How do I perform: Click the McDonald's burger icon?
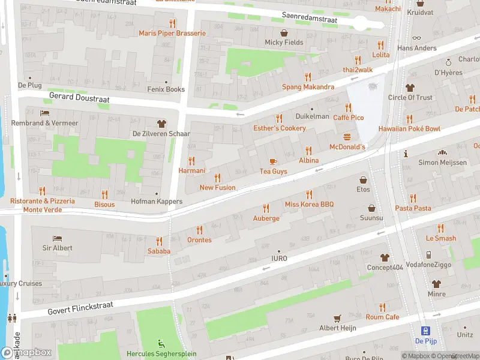pos(347,137)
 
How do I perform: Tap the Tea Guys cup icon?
pos(273,161)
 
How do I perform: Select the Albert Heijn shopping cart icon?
pos(338,318)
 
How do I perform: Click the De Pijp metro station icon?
pos(425,331)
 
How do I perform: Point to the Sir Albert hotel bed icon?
pos(57,238)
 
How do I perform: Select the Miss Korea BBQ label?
pos(309,205)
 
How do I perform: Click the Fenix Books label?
pos(166,89)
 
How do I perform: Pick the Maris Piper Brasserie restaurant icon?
pos(172,23)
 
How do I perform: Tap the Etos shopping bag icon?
pos(363,179)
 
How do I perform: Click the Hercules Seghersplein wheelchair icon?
pos(160,344)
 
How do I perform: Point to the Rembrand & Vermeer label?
pos(45,123)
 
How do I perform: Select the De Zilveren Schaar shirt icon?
pos(161,123)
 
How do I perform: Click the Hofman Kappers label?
pos(157,202)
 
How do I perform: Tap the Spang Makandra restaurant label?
pos(308,87)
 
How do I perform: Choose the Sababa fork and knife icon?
pos(159,241)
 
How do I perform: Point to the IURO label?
pos(279,259)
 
